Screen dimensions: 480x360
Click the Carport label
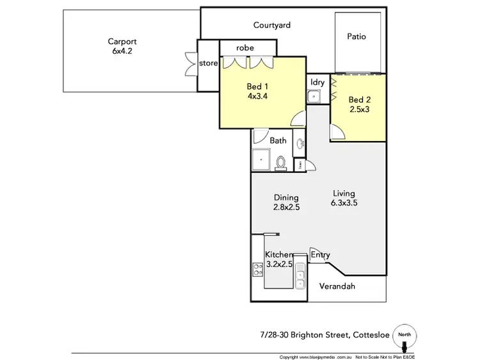(122, 42)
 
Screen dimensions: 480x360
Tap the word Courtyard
(272, 26)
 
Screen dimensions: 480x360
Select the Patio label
(356, 37)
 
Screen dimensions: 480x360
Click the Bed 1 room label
(257, 87)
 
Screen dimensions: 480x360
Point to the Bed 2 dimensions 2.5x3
(360, 110)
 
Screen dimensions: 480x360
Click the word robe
(246, 48)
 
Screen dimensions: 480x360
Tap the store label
(209, 63)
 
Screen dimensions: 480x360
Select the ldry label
(317, 83)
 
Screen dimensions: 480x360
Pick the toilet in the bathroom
(281, 163)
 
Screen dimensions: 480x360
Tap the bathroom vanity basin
(300, 143)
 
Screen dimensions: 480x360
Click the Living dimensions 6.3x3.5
(344, 204)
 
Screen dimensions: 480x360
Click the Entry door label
(321, 255)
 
